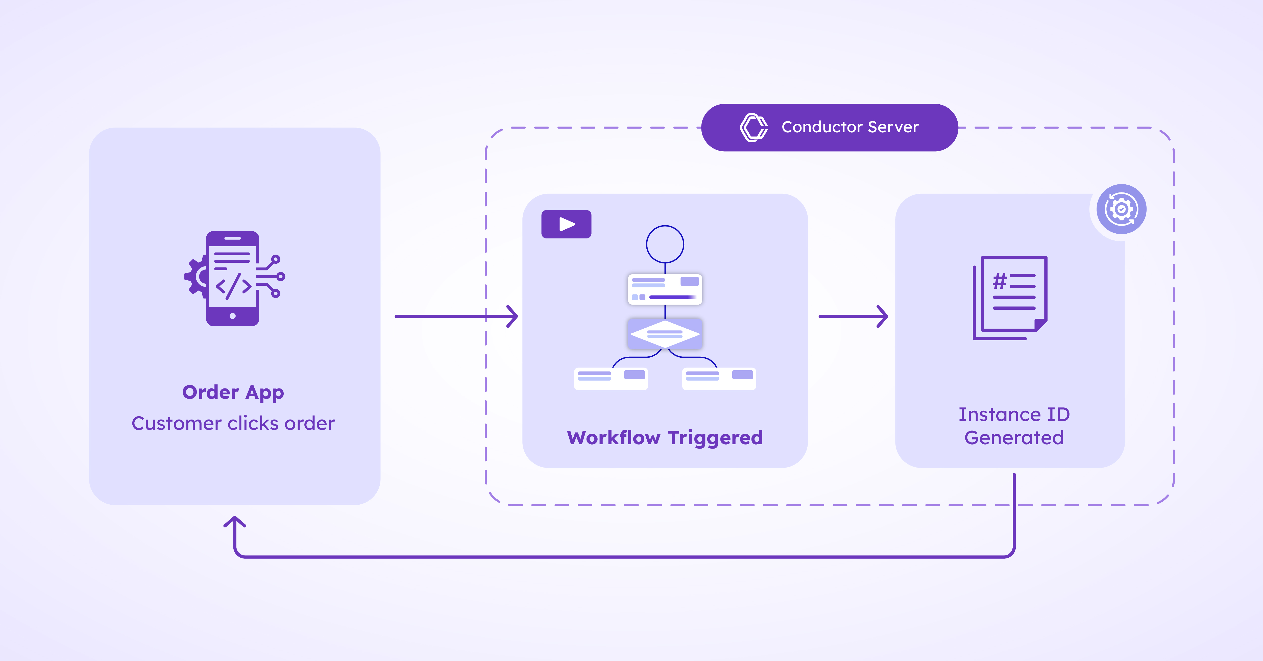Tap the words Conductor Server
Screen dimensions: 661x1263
coord(850,127)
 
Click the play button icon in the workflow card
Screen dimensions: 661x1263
coord(566,224)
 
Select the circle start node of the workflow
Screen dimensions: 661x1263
coord(665,244)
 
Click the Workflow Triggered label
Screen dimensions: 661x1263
coord(665,437)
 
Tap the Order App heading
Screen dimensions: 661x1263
coord(233,392)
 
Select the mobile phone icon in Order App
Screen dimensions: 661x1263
coord(232,279)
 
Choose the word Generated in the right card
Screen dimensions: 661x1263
coord(1014,437)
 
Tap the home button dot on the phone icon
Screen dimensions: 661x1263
coord(232,316)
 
